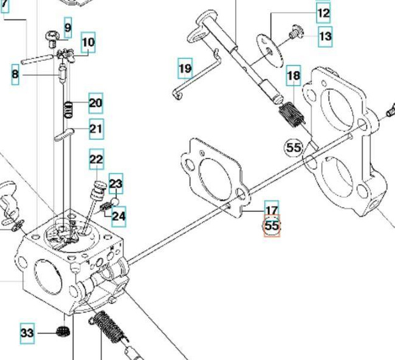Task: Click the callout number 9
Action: pyautogui.click(x=67, y=27)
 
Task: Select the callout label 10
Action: pyautogui.click(x=88, y=42)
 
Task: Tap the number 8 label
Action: pyautogui.click(x=15, y=75)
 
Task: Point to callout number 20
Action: pyautogui.click(x=95, y=103)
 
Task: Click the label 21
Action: pyautogui.click(x=96, y=129)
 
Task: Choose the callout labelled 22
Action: pyautogui.click(x=97, y=160)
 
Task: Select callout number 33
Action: pyautogui.click(x=27, y=333)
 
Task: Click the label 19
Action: pyautogui.click(x=185, y=69)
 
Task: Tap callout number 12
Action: pyautogui.click(x=323, y=12)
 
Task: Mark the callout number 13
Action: pyautogui.click(x=326, y=36)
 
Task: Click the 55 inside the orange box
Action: pyautogui.click(x=272, y=226)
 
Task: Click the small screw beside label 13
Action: pyautogui.click(x=297, y=32)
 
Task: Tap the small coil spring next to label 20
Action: pyautogui.click(x=70, y=109)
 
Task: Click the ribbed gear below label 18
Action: pyautogui.click(x=290, y=115)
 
